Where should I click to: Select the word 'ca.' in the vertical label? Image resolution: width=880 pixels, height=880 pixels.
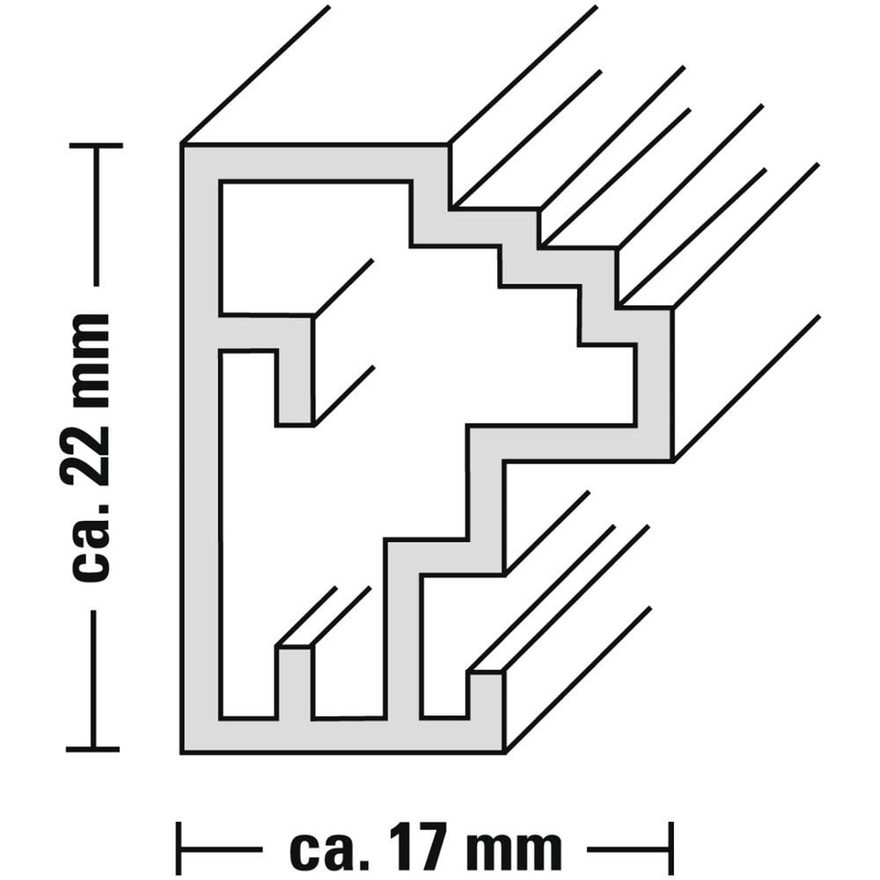pyautogui.click(x=92, y=546)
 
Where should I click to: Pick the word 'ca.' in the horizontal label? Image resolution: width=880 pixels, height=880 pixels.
pyautogui.click(x=327, y=848)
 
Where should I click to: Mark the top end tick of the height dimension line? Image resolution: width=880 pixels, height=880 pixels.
pyautogui.click(x=96, y=145)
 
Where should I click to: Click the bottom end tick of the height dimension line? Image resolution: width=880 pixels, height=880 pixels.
pyautogui.click(x=93, y=749)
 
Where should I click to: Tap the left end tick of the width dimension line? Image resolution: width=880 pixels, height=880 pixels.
pyautogui.click(x=179, y=848)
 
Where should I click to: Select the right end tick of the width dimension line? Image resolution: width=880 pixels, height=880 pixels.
pyautogui.click(x=671, y=848)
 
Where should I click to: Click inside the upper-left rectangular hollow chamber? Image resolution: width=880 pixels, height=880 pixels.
pyautogui.click(x=314, y=247)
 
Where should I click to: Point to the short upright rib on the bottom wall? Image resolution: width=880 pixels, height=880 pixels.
pyautogui.click(x=295, y=683)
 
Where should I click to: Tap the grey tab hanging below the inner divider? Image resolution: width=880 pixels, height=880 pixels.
pyautogui.click(x=295, y=387)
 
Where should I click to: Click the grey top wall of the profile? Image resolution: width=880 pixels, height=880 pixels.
pyautogui.click(x=315, y=163)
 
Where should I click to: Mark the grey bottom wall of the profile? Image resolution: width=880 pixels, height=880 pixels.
pyautogui.click(x=343, y=735)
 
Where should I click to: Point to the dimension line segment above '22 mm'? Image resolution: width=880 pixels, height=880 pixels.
pyautogui.click(x=96, y=216)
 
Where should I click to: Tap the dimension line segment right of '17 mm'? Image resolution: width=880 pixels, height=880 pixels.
pyautogui.click(x=628, y=848)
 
